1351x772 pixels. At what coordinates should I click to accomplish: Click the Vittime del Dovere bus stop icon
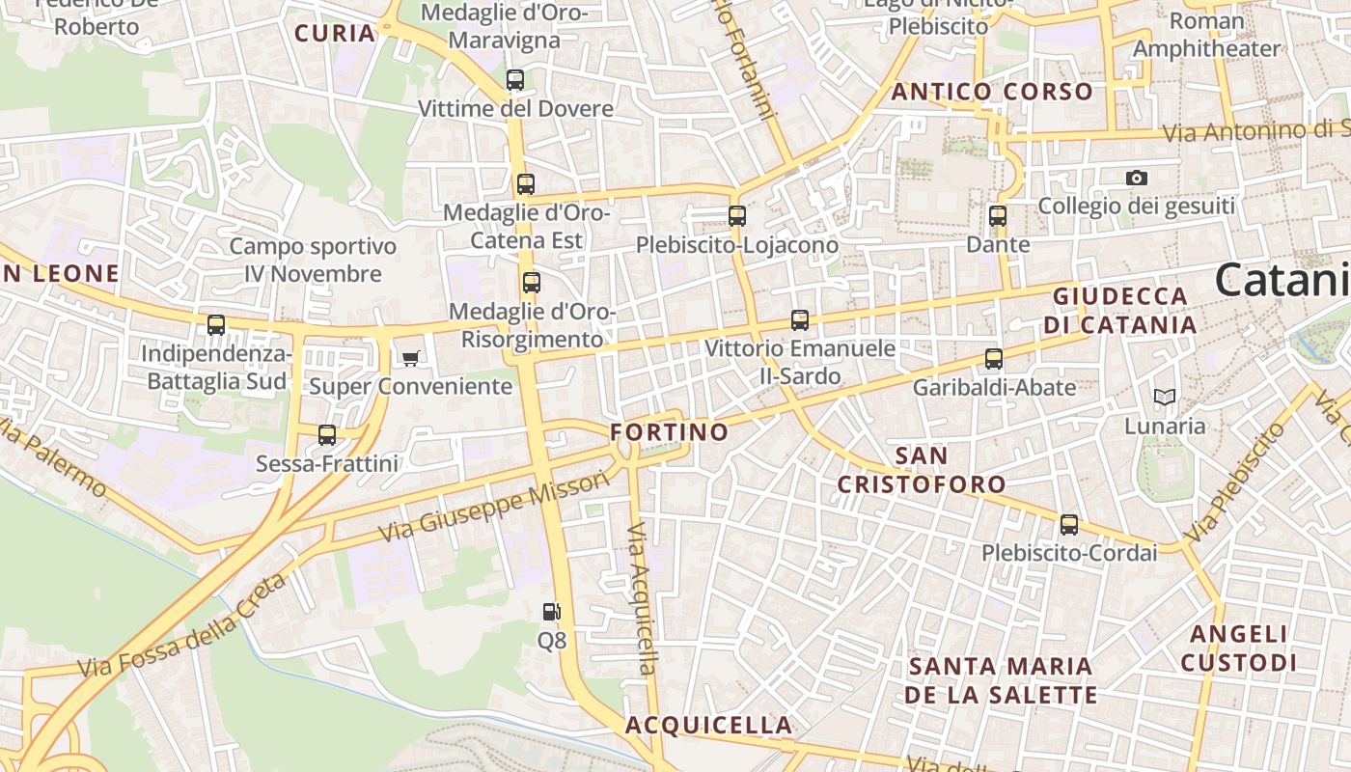(515, 80)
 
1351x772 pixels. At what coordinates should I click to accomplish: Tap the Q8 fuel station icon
(551, 612)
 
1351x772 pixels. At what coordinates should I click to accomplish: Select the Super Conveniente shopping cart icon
(411, 359)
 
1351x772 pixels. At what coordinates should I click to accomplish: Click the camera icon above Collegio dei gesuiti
(1137, 178)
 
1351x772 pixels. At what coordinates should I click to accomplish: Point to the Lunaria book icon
(1165, 397)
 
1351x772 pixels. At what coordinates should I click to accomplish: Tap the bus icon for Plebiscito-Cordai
(1069, 525)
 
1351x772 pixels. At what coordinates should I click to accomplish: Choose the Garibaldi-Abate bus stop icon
(994, 360)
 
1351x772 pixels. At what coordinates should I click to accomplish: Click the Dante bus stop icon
(998, 216)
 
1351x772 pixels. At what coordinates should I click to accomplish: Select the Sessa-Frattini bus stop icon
(327, 435)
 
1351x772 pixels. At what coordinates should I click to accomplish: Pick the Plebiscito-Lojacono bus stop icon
(737, 216)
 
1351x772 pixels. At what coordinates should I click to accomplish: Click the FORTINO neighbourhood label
(670, 431)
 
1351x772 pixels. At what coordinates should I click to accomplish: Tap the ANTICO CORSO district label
(992, 93)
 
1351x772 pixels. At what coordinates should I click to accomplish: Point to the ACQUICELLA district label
(708, 725)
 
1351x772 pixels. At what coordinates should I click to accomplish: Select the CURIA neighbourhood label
(335, 34)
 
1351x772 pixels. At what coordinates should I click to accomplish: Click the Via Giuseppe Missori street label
(494, 506)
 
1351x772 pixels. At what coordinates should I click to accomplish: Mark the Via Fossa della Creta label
(182, 626)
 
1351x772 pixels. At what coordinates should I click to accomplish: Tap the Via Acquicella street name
(641, 599)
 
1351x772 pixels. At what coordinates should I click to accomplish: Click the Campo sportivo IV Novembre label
(313, 261)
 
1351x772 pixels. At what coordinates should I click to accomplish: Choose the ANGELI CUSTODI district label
(1239, 648)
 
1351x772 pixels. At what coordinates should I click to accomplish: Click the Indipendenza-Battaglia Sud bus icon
(216, 325)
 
